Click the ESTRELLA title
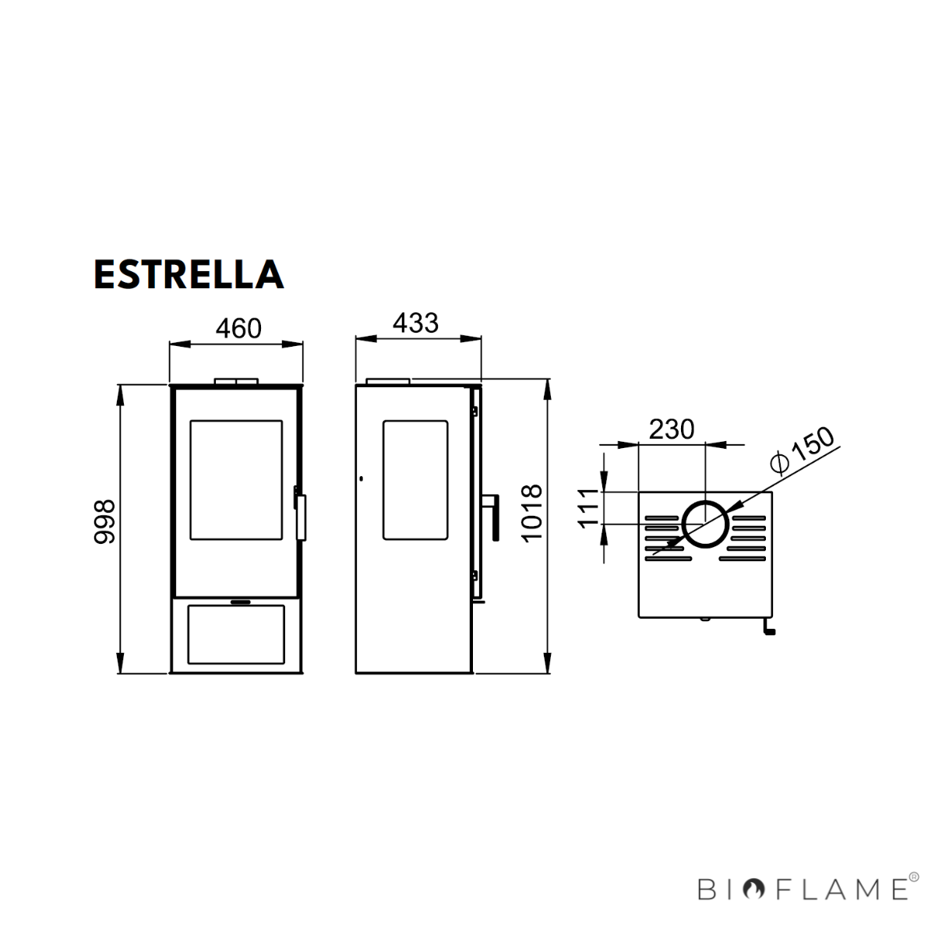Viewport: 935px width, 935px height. point(188,273)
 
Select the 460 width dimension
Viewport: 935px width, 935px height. point(238,328)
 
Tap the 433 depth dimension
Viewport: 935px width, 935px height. point(415,323)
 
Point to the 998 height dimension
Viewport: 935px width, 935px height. point(105,521)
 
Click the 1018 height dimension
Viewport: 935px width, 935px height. point(531,513)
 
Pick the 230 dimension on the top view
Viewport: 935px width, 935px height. point(671,429)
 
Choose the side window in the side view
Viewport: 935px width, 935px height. point(415,479)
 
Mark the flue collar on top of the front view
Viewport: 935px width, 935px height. point(236,381)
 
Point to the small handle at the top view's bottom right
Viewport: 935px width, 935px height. point(767,628)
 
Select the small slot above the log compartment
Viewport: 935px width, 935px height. point(239,602)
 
